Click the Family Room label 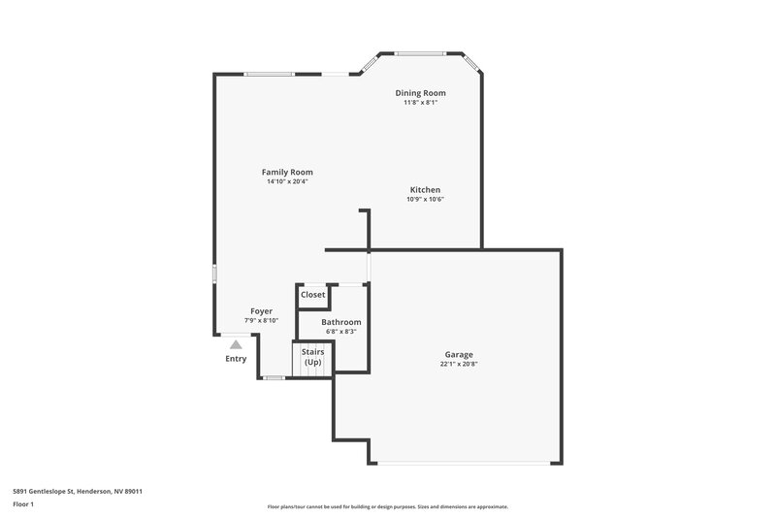pos(287,172)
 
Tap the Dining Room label pos(420,93)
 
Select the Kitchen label pos(425,190)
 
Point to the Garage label pos(459,355)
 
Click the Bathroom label pos(341,322)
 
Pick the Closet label pos(313,295)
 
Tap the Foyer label pos(261,311)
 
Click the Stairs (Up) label pos(312,357)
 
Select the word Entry pos(236,359)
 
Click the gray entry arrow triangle pos(236,343)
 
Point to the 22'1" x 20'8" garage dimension pos(459,365)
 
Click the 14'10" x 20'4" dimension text pos(287,181)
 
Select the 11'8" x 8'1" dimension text pos(420,103)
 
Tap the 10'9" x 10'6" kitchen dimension pos(425,200)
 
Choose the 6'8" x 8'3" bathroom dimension pos(341,332)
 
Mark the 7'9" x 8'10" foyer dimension pos(261,321)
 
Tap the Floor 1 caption pos(23,505)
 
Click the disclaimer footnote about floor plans pos(388,506)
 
